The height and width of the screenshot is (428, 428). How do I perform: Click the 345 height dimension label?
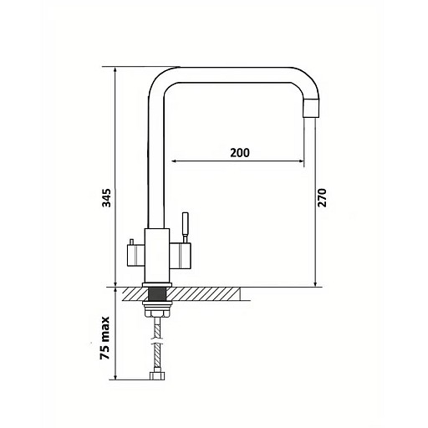pos(106,198)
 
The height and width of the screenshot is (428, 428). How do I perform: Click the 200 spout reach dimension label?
pos(240,153)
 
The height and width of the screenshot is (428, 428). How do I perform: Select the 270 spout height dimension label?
pos(322,197)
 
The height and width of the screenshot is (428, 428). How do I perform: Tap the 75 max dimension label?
pos(105,338)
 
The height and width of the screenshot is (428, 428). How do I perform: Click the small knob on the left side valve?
pos(131,242)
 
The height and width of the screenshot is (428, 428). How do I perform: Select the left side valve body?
pos(135,255)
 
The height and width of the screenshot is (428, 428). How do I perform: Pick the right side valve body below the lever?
pos(180,254)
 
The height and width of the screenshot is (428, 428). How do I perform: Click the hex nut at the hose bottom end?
pos(158,375)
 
